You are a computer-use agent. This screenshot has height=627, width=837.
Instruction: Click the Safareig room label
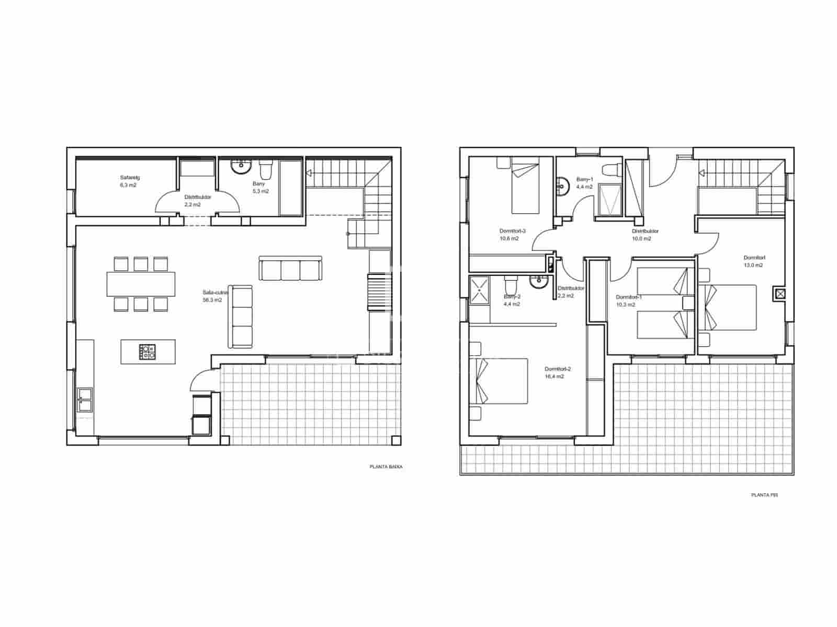pyautogui.click(x=130, y=178)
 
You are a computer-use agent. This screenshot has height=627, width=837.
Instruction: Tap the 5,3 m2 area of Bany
pyautogui.click(x=261, y=191)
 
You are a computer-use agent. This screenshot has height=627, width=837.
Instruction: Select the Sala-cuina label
pyautogui.click(x=212, y=293)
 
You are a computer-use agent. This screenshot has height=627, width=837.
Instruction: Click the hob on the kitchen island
pyautogui.click(x=148, y=352)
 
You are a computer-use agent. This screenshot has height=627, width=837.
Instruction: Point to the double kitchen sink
pyautogui.click(x=85, y=400)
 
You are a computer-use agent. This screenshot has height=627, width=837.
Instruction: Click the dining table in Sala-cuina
pyautogui.click(x=141, y=284)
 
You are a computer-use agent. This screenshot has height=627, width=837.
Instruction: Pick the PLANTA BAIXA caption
pyautogui.click(x=386, y=467)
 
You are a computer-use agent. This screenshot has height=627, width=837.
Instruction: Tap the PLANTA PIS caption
pyautogui.click(x=764, y=494)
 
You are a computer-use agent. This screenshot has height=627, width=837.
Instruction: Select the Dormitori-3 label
pyautogui.click(x=512, y=231)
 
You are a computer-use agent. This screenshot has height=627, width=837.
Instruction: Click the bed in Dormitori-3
pyautogui.click(x=525, y=187)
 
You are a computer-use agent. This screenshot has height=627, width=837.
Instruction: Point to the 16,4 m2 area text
pyautogui.click(x=555, y=376)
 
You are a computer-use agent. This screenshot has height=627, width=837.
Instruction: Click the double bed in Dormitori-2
pyautogui.click(x=502, y=381)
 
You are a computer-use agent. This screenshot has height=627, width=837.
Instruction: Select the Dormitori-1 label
pyautogui.click(x=628, y=297)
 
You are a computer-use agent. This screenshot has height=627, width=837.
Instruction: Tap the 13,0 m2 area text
pyautogui.click(x=753, y=265)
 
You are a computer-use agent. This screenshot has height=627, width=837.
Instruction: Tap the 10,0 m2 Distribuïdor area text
pyautogui.click(x=642, y=239)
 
